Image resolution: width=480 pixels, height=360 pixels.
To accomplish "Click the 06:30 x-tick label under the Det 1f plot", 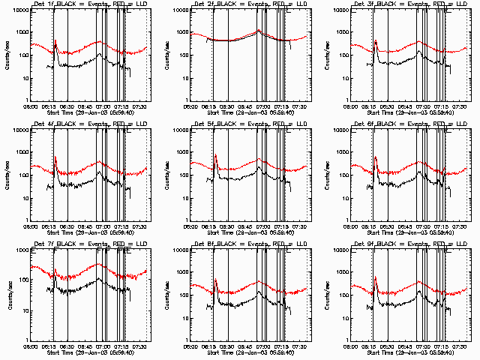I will tap(66, 104).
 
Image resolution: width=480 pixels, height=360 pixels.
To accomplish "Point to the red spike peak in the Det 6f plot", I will tap(375, 156).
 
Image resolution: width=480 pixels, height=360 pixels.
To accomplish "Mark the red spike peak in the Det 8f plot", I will tap(215, 280).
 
